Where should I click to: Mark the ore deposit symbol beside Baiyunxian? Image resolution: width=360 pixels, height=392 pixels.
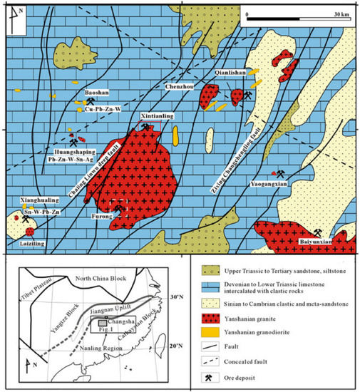(316, 232)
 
